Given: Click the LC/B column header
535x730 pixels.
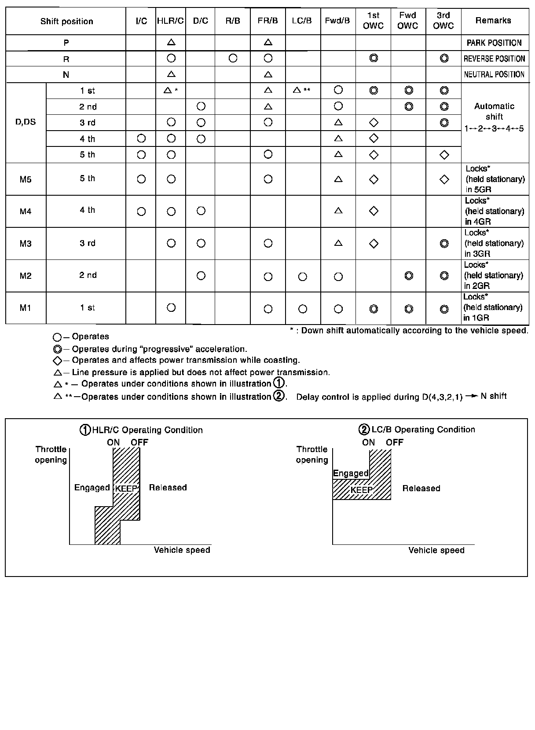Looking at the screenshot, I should [x=302, y=21].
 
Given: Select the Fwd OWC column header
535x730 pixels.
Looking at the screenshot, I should [x=408, y=21].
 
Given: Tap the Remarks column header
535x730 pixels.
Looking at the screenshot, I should [x=493, y=21].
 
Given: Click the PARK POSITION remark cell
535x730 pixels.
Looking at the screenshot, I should [x=494, y=43].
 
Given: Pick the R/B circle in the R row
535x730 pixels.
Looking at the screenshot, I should [x=233, y=58].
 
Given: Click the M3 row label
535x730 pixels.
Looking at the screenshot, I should [x=26, y=244].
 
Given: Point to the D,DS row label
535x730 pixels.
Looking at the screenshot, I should [x=26, y=122].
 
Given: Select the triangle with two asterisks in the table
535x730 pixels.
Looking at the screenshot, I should [x=297, y=90].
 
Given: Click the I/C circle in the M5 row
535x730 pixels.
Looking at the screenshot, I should [x=141, y=179].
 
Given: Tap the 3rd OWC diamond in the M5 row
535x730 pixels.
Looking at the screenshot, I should [x=444, y=179].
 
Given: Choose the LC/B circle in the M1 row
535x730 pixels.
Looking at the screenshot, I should [x=303, y=309].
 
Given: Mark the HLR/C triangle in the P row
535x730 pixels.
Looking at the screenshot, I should [x=172, y=43].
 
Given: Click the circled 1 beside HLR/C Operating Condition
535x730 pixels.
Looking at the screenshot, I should [x=85, y=430].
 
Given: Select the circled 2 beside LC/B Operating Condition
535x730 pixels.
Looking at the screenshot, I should [x=364, y=430].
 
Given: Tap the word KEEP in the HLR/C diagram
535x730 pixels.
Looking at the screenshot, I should [x=126, y=489].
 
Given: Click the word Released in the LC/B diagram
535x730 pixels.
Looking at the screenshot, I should [x=421, y=489].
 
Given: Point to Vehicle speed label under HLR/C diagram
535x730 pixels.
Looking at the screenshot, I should [x=182, y=550].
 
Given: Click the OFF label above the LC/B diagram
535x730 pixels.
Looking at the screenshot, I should [x=394, y=443].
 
